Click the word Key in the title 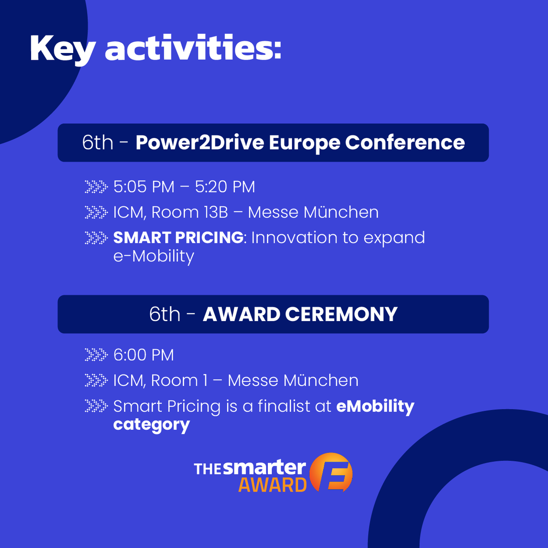click(x=62, y=48)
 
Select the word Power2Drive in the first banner click(x=200, y=142)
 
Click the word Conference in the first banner click(x=405, y=142)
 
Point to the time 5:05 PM click(x=144, y=187)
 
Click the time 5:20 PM click(x=225, y=187)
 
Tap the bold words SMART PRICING click(x=178, y=237)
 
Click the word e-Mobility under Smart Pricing click(x=154, y=256)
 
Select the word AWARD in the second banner click(x=241, y=314)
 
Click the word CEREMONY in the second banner click(x=341, y=314)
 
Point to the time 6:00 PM click(x=144, y=355)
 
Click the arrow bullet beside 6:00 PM click(x=96, y=355)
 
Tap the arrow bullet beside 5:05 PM click(x=96, y=187)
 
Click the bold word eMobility click(x=375, y=406)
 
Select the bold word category click(x=151, y=425)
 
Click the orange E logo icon click(x=331, y=473)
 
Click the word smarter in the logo click(x=265, y=467)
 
